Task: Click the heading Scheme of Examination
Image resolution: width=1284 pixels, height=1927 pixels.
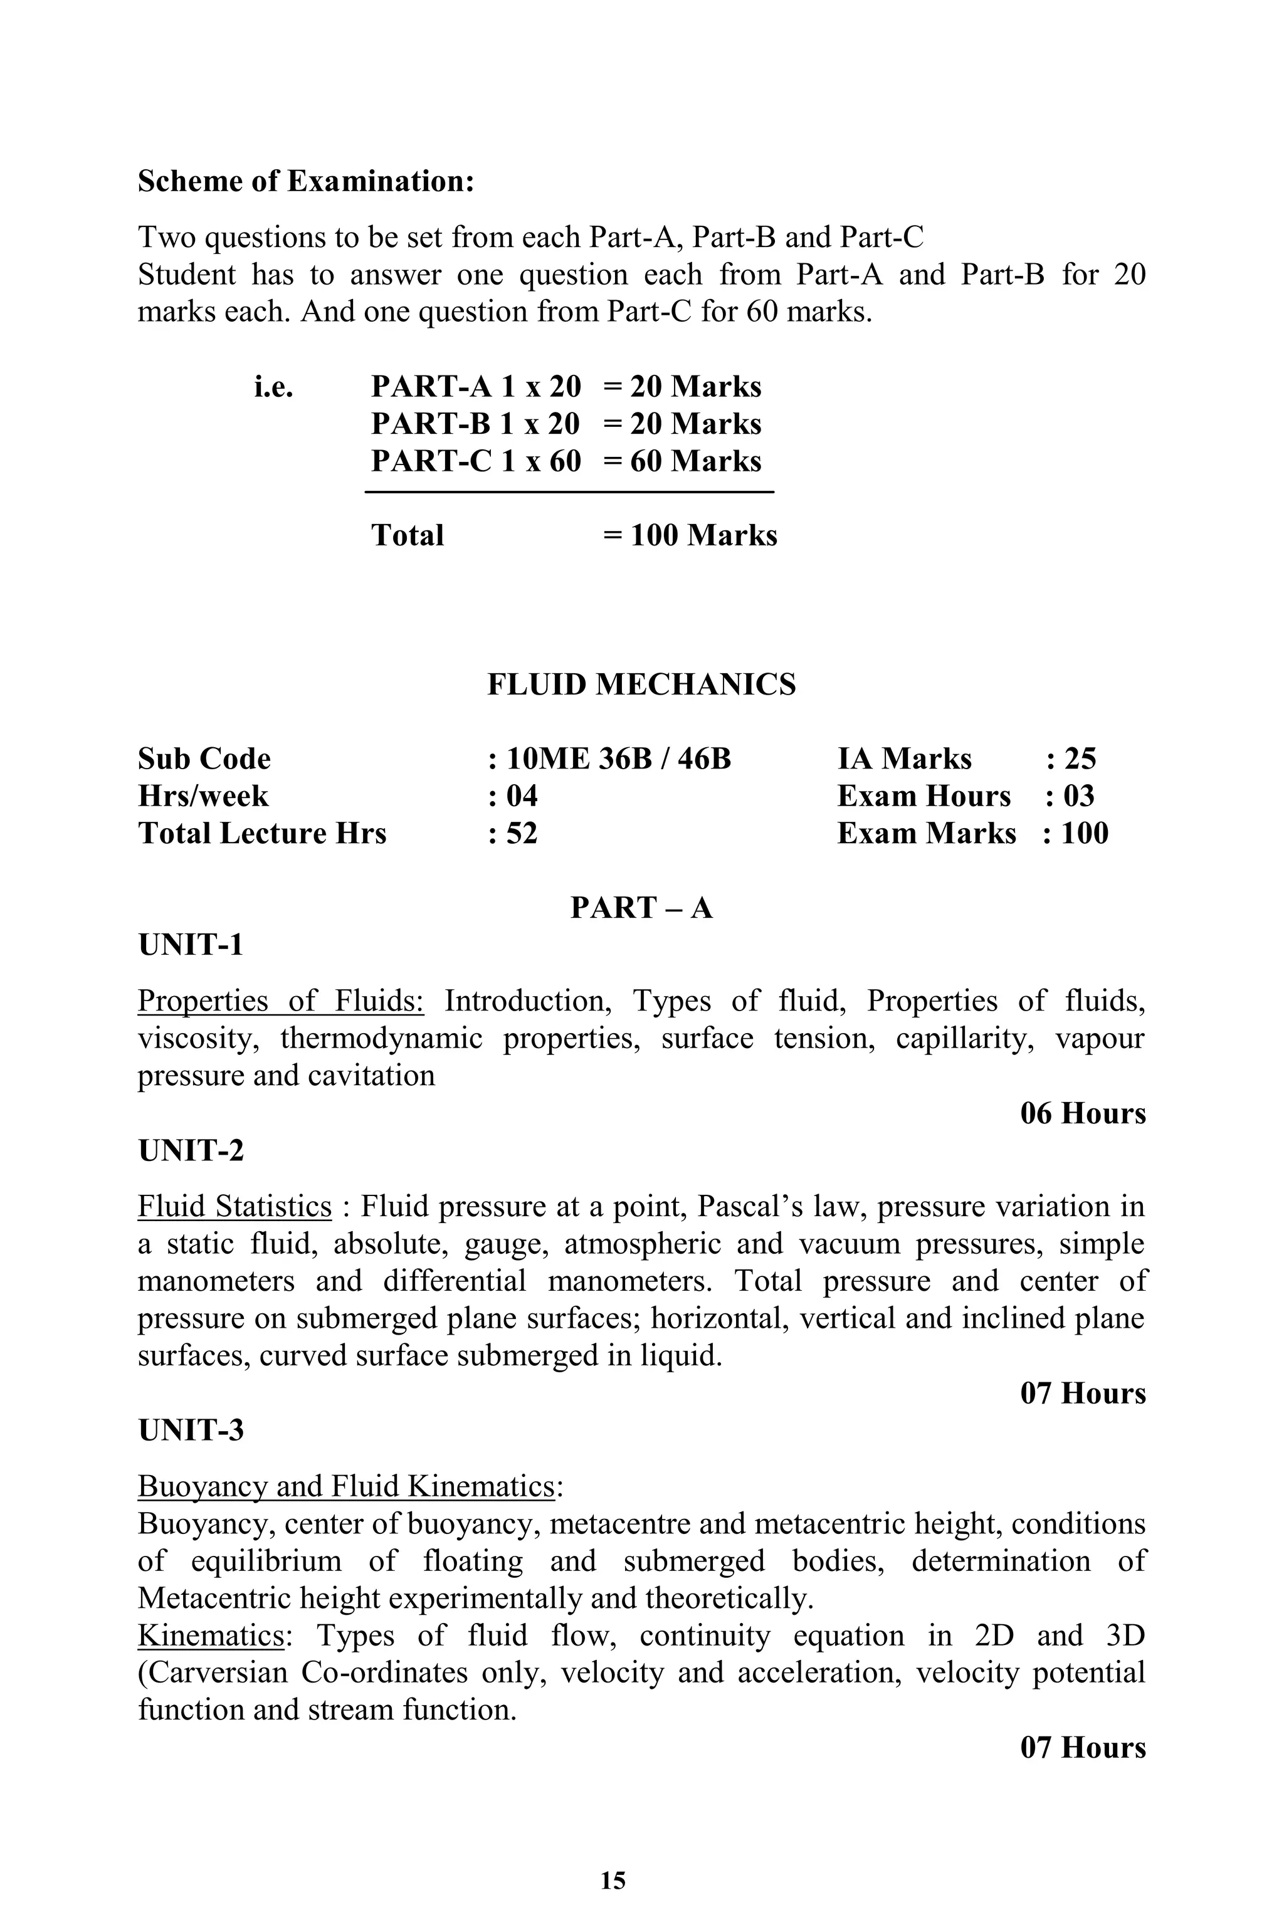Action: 306,181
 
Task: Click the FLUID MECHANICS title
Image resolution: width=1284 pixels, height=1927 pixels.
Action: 641,685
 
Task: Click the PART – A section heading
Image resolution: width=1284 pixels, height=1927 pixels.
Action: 641,908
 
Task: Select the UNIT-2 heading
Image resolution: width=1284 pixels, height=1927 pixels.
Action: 191,1150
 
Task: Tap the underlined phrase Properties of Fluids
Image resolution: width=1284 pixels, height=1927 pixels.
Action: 280,1001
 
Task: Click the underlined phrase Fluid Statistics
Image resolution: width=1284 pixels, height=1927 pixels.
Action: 234,1207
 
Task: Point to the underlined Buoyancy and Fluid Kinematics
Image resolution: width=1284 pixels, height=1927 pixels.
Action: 346,1486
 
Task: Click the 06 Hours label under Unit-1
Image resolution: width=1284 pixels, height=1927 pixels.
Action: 1083,1113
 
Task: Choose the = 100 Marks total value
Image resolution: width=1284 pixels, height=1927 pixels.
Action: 690,535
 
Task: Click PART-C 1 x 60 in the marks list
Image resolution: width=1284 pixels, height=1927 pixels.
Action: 476,461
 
